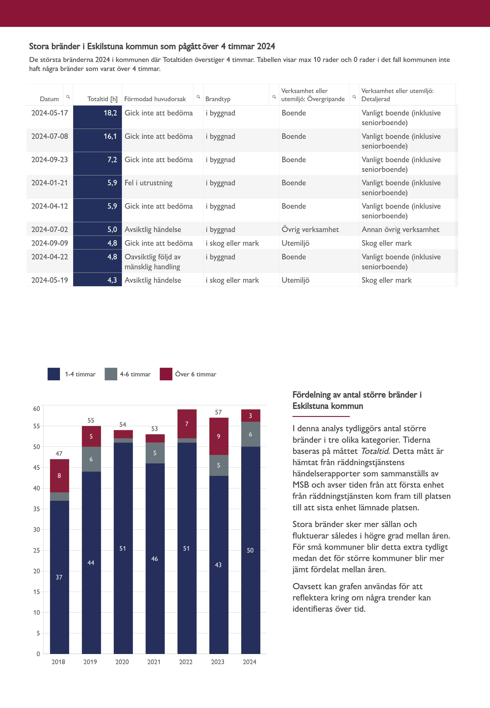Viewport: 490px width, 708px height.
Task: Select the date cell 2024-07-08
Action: tap(50, 136)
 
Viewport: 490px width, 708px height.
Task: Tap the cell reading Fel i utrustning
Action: tap(148, 183)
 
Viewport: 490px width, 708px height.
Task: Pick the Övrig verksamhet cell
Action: tap(310, 230)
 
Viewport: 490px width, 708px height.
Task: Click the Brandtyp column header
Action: tap(218, 99)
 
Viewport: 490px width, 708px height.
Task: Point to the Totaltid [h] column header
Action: tap(102, 99)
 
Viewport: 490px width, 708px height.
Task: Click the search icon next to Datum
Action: tap(68, 97)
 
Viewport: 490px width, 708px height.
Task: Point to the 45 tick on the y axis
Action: tap(37, 467)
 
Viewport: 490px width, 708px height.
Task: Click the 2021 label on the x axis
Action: tap(154, 662)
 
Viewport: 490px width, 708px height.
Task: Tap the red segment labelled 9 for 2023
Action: tap(219, 436)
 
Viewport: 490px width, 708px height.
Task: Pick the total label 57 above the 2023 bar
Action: tap(218, 412)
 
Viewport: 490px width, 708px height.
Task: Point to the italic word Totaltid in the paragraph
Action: tap(374, 451)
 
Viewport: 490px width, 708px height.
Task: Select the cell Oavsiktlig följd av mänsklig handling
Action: tap(153, 262)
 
